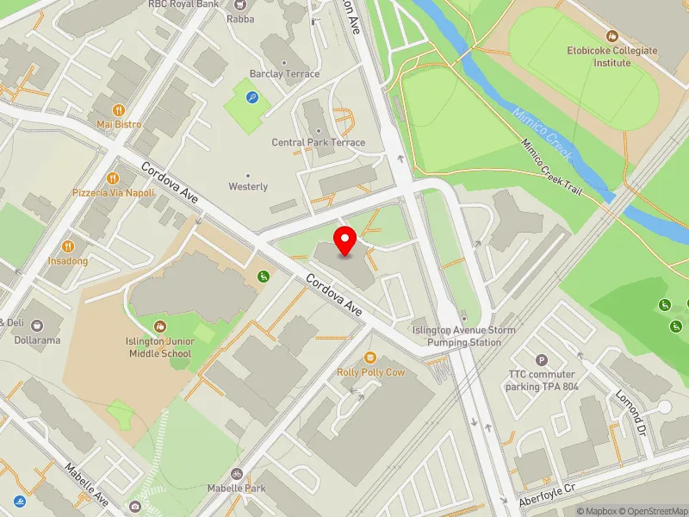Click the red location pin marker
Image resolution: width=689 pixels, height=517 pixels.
(x=345, y=241)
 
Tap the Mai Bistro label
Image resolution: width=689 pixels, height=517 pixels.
(x=118, y=124)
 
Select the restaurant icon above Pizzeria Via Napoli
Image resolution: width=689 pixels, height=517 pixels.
(x=113, y=178)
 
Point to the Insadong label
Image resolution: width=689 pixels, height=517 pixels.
(x=68, y=260)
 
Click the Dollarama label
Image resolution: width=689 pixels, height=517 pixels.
(x=36, y=339)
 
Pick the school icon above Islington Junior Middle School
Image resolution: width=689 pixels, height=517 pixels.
(x=160, y=326)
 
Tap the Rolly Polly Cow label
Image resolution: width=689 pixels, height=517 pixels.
(x=370, y=372)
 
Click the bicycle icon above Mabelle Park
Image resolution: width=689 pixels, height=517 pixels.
(x=237, y=473)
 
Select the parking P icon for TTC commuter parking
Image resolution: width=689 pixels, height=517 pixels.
(x=542, y=360)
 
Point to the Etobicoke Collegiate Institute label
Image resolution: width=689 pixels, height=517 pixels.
(x=611, y=56)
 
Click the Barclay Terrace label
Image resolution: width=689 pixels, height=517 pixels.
(x=284, y=74)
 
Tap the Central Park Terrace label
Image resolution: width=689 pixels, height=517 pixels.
(x=318, y=142)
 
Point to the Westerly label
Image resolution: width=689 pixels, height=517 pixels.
(x=248, y=186)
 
